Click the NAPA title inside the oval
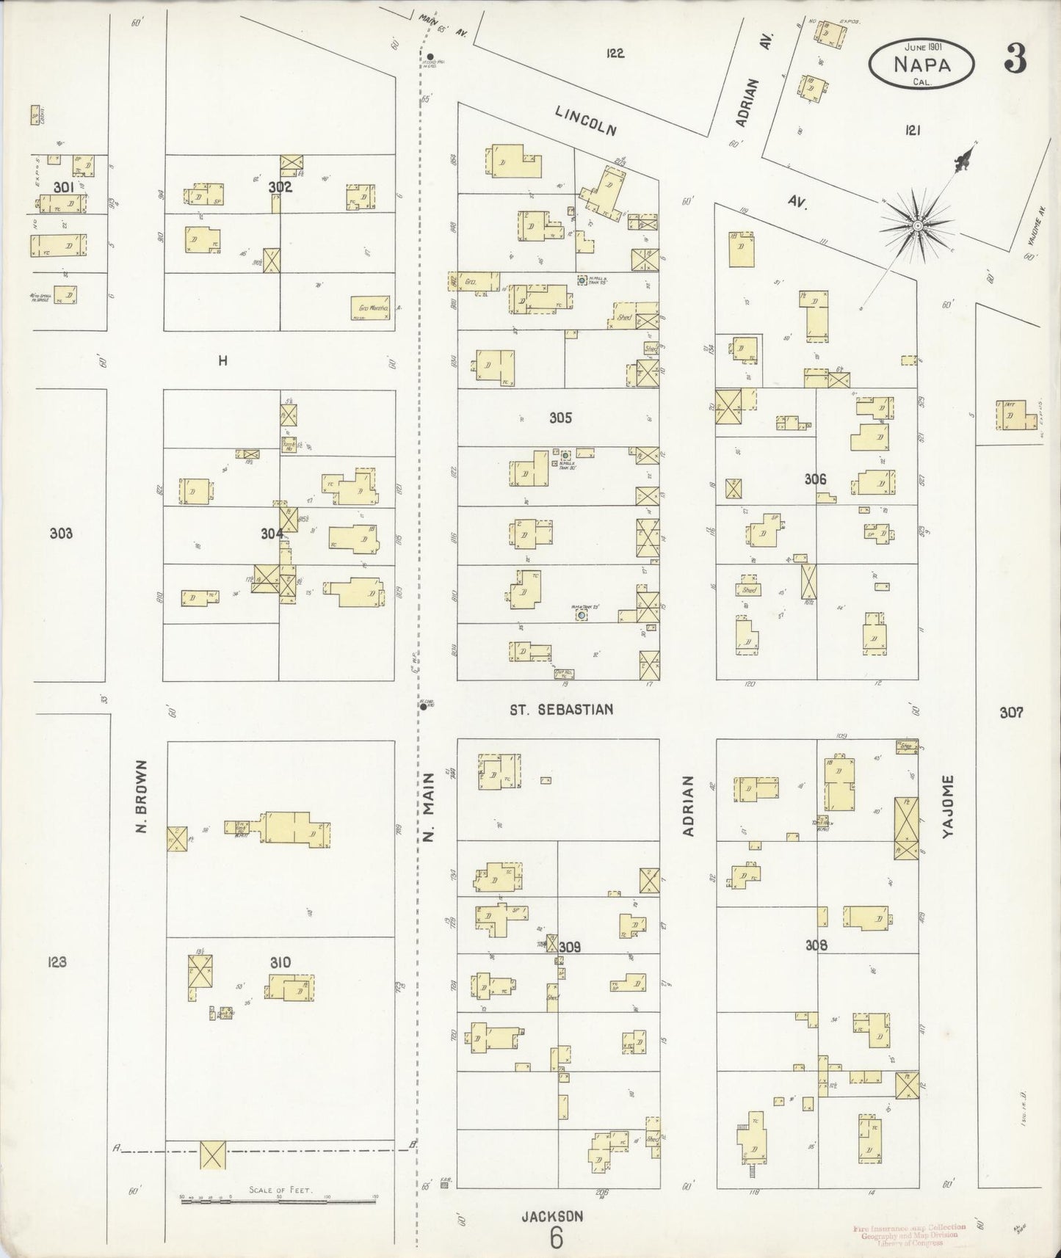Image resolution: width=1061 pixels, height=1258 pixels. pos(921,64)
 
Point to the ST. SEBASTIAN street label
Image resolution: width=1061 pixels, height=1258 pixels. pos(562,710)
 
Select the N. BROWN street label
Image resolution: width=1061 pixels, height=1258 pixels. pos(142,796)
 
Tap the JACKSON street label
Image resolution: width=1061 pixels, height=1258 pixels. pos(552,1216)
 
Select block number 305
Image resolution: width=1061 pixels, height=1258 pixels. pos(560,418)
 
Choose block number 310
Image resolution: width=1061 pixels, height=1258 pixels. pos(280,962)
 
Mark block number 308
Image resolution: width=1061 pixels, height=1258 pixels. pos(816,945)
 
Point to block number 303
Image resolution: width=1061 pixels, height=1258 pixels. pos(61,534)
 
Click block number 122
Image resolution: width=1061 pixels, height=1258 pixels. pos(615,53)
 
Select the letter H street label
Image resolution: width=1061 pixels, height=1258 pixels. pos(222,360)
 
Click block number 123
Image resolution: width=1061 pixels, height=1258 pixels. pos(57,962)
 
